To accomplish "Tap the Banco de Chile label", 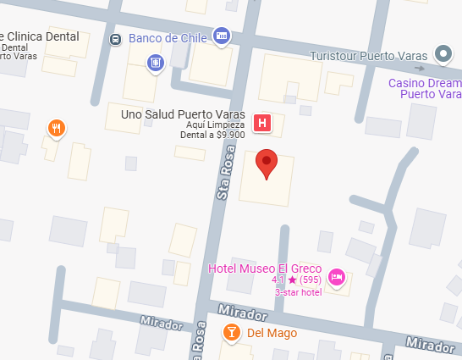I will coord(167,38).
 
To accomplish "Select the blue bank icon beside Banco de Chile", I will coord(221,36).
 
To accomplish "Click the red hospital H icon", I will coord(262,124).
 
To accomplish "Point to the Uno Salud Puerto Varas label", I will coord(184,114).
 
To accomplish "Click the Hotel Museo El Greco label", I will coord(265,269).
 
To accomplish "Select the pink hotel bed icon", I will coord(337,277).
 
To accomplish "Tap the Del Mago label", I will coord(272,333).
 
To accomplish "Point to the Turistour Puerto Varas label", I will coord(370,56).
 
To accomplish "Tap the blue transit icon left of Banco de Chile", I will coord(116,39).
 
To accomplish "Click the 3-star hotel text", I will coord(300,292).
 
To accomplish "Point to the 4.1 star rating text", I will coord(296,280).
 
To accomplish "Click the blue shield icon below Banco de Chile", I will coord(154,62).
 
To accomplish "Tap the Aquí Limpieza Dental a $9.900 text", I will coord(214,129).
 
